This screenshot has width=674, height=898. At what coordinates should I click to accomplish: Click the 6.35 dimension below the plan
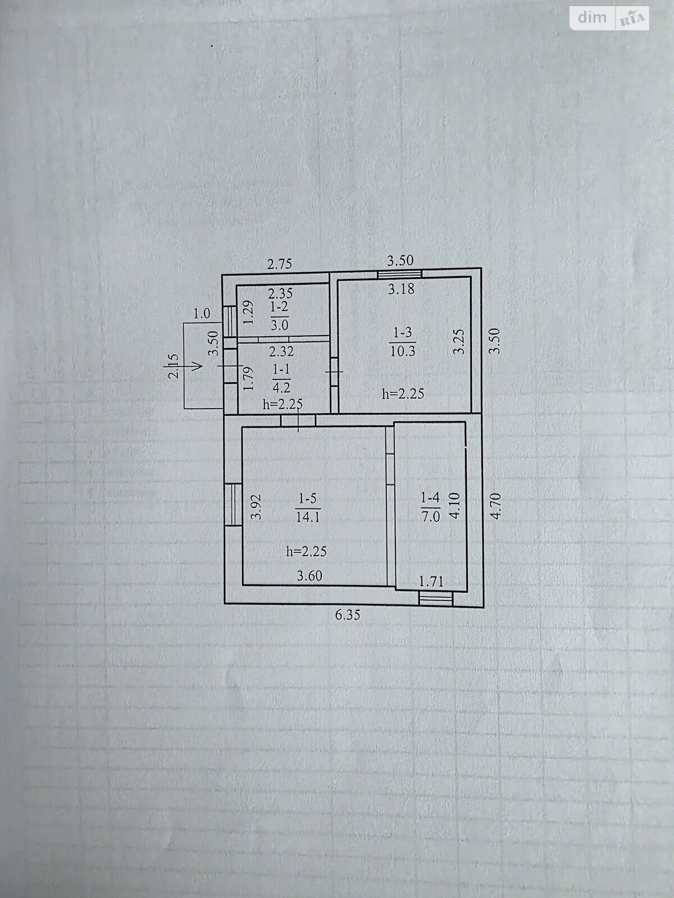click(348, 615)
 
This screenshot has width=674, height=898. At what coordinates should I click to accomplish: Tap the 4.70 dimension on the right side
click(495, 506)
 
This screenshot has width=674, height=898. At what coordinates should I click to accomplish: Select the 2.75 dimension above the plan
click(280, 264)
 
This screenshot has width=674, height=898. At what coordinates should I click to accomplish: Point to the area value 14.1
click(308, 517)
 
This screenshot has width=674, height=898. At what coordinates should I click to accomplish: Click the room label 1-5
click(308, 499)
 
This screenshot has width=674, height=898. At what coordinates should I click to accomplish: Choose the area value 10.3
click(403, 351)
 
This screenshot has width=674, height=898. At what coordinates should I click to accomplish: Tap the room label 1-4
click(430, 498)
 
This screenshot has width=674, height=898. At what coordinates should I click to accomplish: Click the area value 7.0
click(430, 516)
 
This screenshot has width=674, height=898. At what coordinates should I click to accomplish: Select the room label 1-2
click(280, 307)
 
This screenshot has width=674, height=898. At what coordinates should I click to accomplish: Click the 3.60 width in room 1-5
click(309, 576)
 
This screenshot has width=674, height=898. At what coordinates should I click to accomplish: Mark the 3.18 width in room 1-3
click(401, 289)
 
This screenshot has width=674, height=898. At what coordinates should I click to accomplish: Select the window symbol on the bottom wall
click(436, 599)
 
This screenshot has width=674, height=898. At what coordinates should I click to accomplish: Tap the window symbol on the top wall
click(399, 273)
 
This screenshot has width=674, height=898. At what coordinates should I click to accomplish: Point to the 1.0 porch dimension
click(202, 314)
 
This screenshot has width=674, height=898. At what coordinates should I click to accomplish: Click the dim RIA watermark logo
click(609, 19)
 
